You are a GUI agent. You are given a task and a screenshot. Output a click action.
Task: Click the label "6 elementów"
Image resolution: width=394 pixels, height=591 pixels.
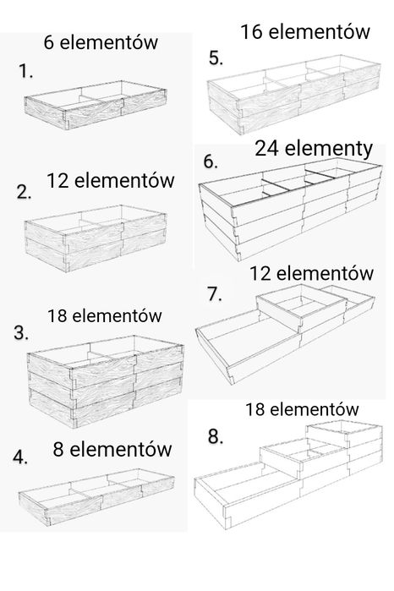pyautogui.click(x=101, y=42)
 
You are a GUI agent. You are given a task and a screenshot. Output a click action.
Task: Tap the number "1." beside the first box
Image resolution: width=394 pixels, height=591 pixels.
pyautogui.click(x=25, y=71)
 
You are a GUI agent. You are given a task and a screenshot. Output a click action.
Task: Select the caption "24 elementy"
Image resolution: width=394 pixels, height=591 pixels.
pyautogui.click(x=314, y=149)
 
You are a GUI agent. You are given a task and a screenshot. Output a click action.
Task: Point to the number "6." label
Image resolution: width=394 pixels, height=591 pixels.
pyautogui.click(x=211, y=161)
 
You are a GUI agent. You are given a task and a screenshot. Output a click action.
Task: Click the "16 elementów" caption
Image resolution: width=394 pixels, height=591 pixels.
pyautogui.click(x=305, y=31)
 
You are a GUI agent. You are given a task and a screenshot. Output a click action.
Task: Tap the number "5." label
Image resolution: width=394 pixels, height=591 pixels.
pyautogui.click(x=216, y=58)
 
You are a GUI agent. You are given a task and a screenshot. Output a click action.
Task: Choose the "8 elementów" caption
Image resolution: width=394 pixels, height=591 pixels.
pyautogui.click(x=112, y=449)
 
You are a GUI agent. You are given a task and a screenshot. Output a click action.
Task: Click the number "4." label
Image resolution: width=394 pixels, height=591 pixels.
pyautogui.click(x=20, y=457)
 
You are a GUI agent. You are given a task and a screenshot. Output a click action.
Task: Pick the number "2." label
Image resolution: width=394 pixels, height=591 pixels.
pyautogui.click(x=25, y=192)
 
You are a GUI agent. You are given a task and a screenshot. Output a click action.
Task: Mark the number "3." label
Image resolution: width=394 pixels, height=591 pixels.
pyautogui.click(x=21, y=333)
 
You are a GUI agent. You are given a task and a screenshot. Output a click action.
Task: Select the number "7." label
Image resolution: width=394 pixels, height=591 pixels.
pyautogui.click(x=215, y=294)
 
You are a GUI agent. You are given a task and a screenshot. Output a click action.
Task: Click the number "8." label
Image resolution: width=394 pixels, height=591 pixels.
pyautogui.click(x=216, y=436)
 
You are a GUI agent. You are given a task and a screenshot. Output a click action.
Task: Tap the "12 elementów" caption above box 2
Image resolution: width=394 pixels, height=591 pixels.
pyautogui.click(x=111, y=181)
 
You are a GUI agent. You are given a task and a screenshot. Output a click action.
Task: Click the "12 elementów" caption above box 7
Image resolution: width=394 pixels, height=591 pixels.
pyautogui.click(x=311, y=273)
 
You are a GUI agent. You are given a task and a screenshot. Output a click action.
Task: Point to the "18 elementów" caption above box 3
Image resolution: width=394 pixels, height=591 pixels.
pyautogui.click(x=105, y=315)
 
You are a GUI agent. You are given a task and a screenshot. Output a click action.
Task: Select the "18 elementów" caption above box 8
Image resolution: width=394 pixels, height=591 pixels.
pyautogui.click(x=302, y=409)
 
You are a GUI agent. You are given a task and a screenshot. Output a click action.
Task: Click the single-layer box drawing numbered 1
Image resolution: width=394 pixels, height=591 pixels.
pyautogui.click(x=95, y=105)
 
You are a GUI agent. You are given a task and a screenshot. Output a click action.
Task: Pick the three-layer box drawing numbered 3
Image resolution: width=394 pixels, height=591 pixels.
pyautogui.click(x=106, y=381)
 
